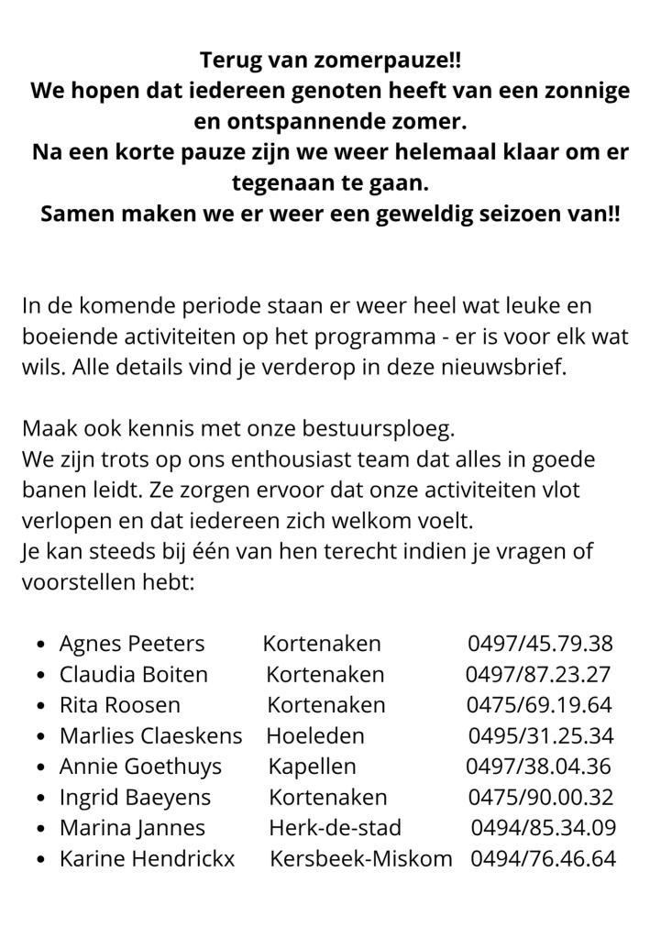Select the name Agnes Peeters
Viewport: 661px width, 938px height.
[132, 643]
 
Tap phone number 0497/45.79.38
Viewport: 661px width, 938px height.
[541, 643]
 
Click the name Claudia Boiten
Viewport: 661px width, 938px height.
[134, 674]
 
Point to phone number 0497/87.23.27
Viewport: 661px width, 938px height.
[538, 674]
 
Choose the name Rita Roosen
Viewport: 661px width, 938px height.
[120, 705]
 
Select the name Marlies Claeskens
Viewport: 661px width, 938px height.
[151, 735]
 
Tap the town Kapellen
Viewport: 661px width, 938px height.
[313, 767]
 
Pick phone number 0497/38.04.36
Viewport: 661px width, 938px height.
[538, 767]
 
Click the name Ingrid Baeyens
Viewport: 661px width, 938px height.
[135, 797]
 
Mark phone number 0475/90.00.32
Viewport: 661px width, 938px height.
[541, 797]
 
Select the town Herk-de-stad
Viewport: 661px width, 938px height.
[335, 828]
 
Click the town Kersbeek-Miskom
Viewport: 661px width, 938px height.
[361, 859]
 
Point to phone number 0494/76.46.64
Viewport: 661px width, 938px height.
[543, 859]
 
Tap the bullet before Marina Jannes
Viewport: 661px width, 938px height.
[41, 829]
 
